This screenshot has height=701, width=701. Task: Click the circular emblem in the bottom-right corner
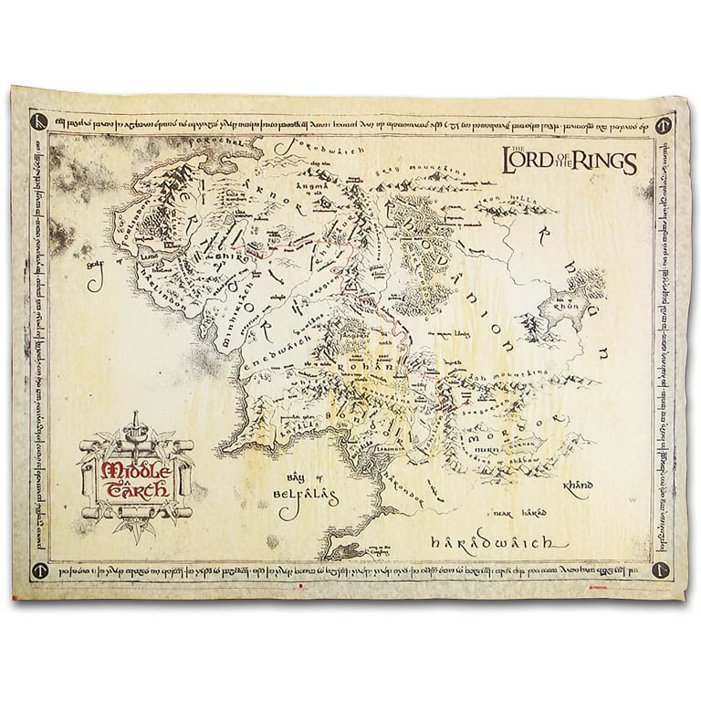point(661,570)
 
